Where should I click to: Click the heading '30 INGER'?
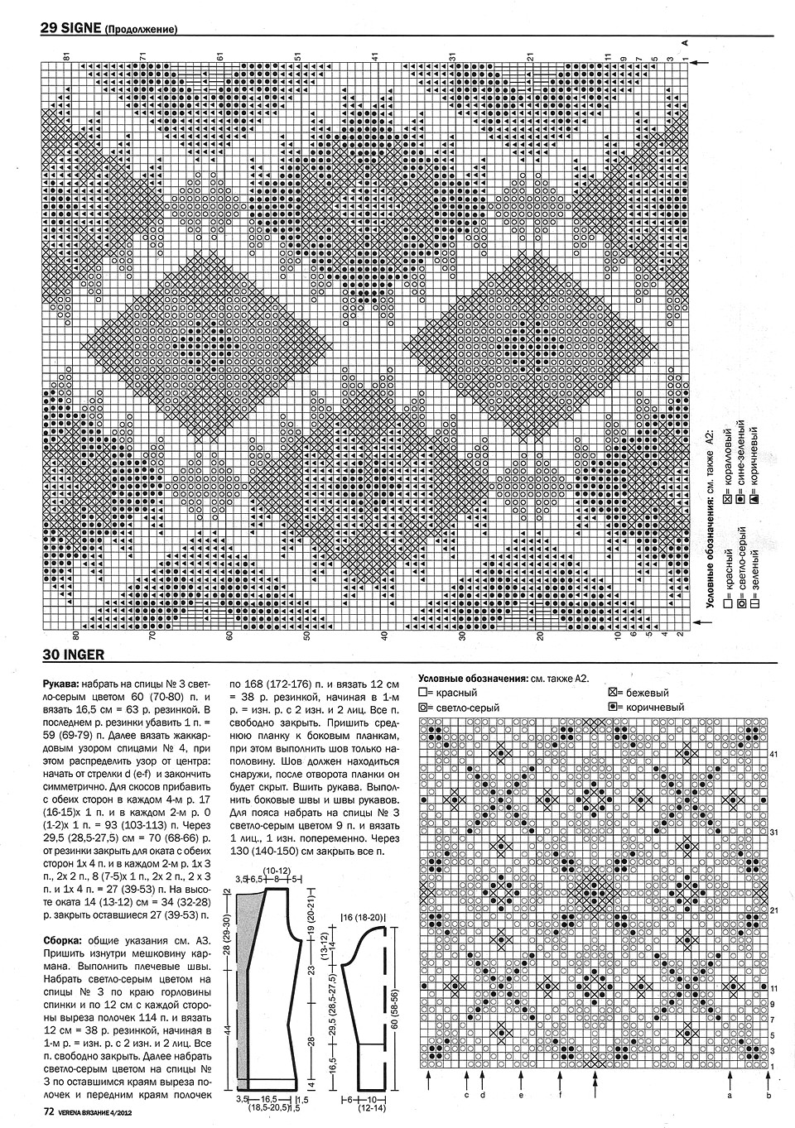pos(73,655)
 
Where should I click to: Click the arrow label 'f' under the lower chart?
pos(561,1094)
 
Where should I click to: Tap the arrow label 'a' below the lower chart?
pos(730,1094)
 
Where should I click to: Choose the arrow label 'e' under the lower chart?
pos(521,1094)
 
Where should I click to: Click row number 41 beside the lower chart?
pos(775,755)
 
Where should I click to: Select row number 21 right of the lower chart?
pos(775,910)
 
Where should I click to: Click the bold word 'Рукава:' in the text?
pos(61,684)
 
